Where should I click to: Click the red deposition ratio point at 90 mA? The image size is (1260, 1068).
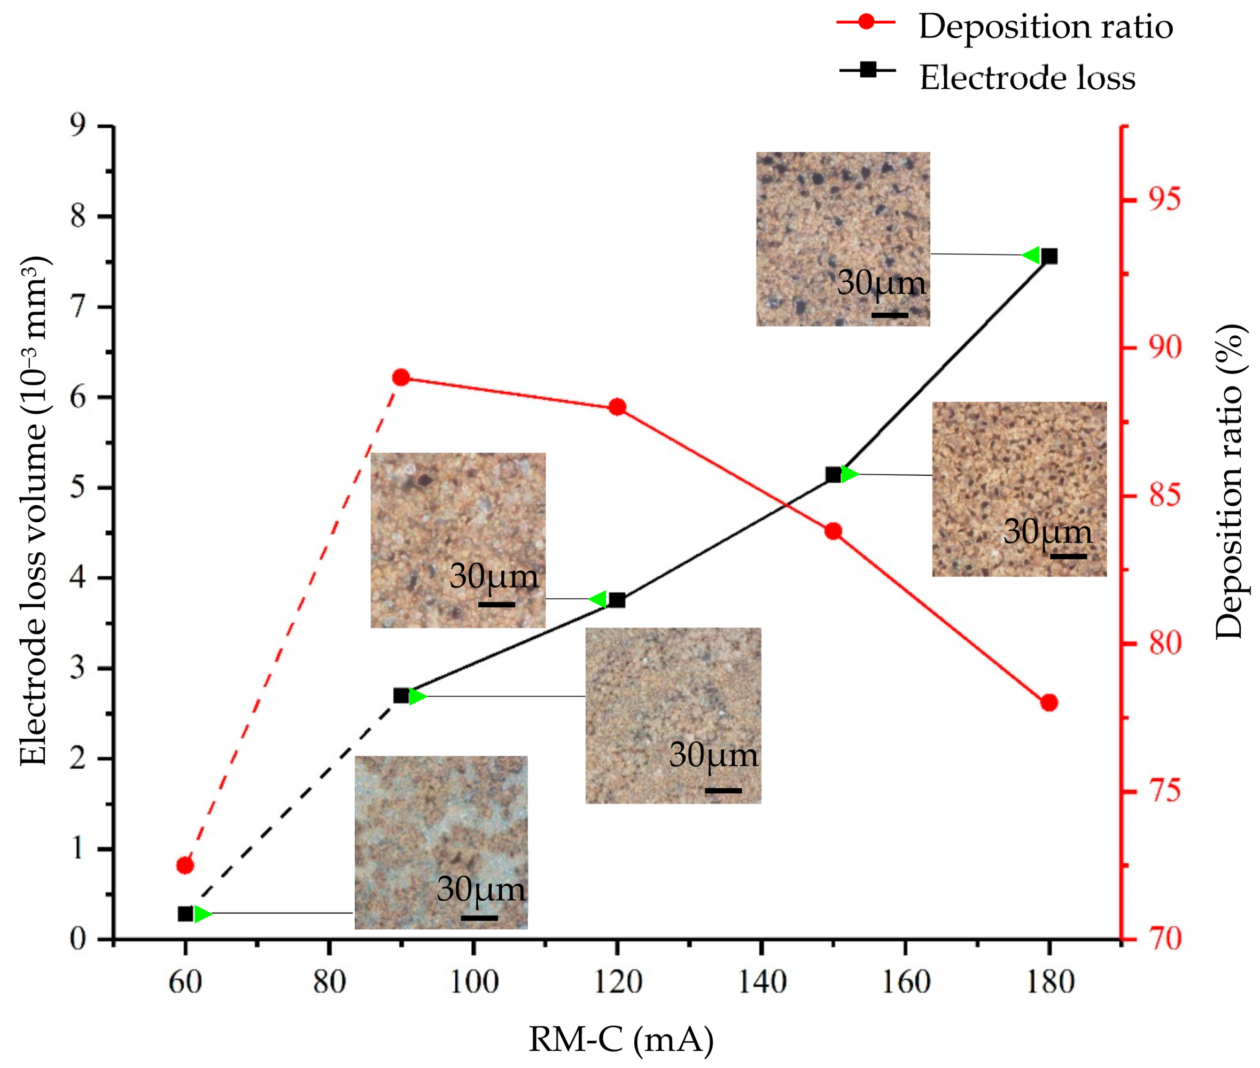point(401,378)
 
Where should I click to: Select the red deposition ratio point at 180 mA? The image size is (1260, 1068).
point(1049,703)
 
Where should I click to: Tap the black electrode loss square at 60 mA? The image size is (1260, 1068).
point(185,914)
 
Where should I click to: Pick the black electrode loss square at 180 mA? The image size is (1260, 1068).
point(1049,256)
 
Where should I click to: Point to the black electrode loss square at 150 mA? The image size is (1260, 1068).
point(834,475)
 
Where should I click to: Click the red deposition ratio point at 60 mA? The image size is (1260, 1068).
point(185,865)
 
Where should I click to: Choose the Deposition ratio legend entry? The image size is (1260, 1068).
point(1045,26)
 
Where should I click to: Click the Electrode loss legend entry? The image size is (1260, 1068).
point(1027,78)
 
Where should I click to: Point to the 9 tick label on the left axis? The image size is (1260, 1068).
point(78,125)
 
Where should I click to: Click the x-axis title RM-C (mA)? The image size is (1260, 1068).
point(621,1040)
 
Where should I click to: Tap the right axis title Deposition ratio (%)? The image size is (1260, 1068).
point(1228,481)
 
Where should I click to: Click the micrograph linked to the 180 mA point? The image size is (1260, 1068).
point(843,238)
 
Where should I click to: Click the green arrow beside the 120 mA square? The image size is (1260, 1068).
point(598,599)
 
